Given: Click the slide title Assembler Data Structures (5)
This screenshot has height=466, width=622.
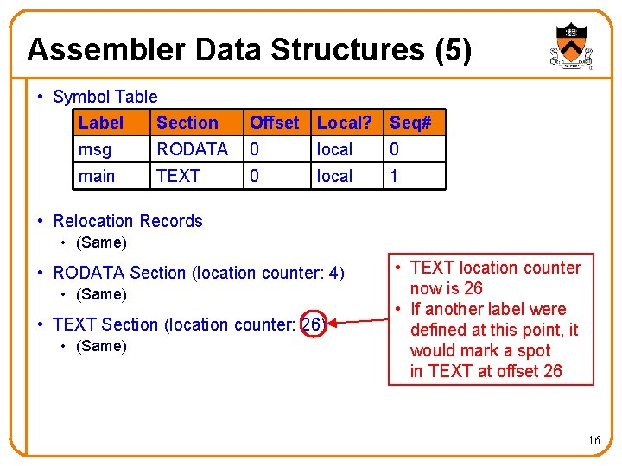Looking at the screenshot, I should (x=249, y=50).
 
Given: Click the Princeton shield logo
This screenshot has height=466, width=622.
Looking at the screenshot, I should (x=571, y=45).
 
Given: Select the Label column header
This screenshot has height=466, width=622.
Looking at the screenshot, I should (x=100, y=123).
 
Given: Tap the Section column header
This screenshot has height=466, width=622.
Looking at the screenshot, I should (x=187, y=123).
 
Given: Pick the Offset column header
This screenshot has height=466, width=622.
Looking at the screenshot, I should (x=274, y=123).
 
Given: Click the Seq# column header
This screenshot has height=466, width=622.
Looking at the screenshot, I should (x=410, y=123).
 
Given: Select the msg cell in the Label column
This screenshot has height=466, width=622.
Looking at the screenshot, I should (x=95, y=149).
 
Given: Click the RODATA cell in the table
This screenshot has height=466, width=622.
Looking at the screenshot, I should (x=192, y=149).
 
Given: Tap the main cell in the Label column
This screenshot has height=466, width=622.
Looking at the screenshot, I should (x=96, y=176).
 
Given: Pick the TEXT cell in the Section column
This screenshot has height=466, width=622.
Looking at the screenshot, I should (x=178, y=176).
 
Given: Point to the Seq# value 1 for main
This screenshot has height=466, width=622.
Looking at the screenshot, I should (x=395, y=176).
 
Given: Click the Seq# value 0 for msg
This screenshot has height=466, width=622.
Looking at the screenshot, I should (x=395, y=149).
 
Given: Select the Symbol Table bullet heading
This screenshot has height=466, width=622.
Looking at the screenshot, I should (x=105, y=97).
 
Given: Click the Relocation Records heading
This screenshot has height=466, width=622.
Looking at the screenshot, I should (x=127, y=221).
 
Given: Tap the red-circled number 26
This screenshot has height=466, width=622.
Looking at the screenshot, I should (x=312, y=324).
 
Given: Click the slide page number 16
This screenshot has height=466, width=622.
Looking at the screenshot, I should (x=593, y=441).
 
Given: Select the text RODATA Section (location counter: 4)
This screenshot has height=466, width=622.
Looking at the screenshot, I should (x=198, y=273).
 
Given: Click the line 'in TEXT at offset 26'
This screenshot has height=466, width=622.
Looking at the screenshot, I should (x=486, y=371).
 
